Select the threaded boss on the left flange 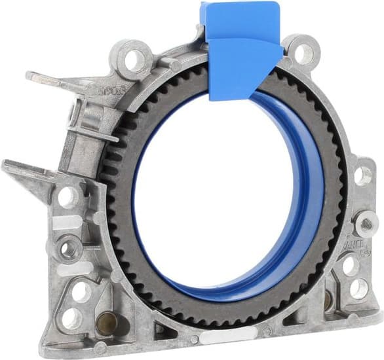[68, 247]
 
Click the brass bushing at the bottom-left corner [106, 320]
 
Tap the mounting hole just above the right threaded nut [362, 175]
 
